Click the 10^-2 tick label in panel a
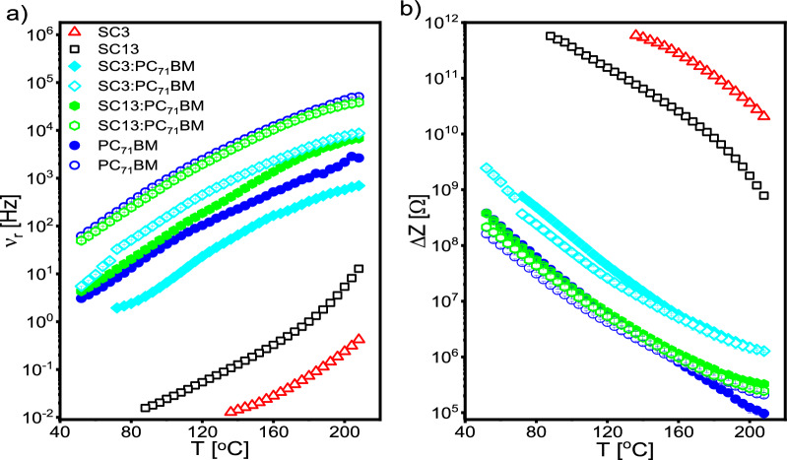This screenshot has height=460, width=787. [38, 416]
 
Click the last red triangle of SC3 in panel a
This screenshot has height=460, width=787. [360, 339]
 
